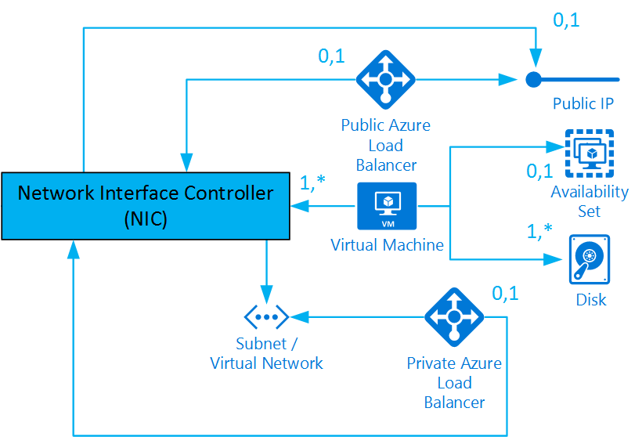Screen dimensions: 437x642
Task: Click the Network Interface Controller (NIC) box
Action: tap(146, 205)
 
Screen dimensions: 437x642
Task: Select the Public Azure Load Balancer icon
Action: tap(385, 79)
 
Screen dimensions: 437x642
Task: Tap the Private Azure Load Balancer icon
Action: tap(454, 317)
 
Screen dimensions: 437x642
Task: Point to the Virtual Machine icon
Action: tap(387, 206)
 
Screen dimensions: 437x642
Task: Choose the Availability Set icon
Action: tap(590, 153)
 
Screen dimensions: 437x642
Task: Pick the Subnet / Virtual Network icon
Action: tap(267, 317)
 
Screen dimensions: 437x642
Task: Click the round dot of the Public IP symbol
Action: tap(533, 79)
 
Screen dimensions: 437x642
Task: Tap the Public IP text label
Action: tap(582, 103)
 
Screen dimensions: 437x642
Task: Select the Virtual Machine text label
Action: tap(387, 245)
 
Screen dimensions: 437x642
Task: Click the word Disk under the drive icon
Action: tap(590, 299)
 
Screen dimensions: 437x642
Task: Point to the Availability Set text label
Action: tap(590, 201)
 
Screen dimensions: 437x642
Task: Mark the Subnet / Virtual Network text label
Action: tap(266, 353)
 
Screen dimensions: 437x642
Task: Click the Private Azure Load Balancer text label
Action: tap(454, 383)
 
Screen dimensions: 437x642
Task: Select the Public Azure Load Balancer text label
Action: tap(385, 145)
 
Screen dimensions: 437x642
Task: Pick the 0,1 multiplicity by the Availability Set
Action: tap(539, 171)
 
